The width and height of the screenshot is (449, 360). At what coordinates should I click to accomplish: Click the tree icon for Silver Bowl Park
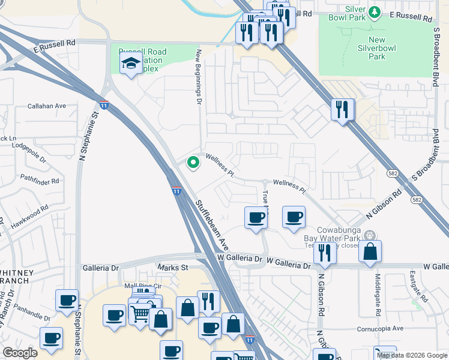375,12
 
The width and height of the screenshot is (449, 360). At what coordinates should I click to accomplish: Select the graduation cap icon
130,62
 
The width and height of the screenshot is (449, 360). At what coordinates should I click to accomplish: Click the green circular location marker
193,161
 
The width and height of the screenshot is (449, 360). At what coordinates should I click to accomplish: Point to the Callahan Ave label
47,106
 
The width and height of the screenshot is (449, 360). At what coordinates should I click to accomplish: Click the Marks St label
173,267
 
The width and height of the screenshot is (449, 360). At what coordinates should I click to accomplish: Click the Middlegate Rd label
378,295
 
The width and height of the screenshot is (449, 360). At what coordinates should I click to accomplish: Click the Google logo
20,353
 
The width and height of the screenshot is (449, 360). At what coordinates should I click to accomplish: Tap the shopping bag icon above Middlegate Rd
370,251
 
